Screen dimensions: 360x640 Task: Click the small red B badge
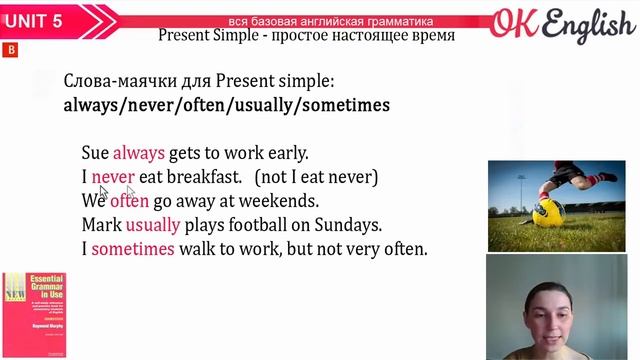(11, 50)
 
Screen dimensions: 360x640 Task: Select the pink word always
(138, 153)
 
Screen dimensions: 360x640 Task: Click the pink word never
(112, 177)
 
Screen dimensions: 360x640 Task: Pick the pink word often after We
(129, 201)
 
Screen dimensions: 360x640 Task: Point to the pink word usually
(153, 225)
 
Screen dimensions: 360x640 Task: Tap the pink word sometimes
(133, 249)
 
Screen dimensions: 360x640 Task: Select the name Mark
(101, 225)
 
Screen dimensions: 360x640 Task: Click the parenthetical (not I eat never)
(316, 177)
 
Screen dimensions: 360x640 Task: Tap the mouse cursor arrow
(103, 191)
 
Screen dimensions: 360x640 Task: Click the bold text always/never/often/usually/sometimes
(226, 105)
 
